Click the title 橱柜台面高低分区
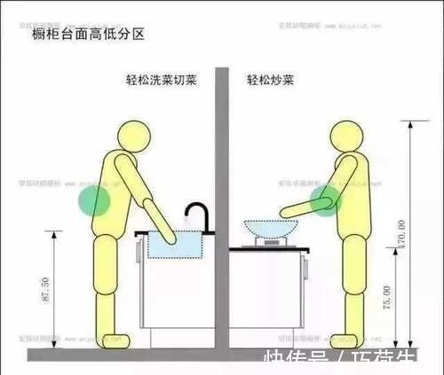coord(87,35)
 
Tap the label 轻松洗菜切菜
coord(161,81)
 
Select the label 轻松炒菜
coord(272,81)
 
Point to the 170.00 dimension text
coord(402,236)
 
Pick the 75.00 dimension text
coord(385,296)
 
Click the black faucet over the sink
coord(197,215)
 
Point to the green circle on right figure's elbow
coord(323,200)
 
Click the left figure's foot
coord(116,339)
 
